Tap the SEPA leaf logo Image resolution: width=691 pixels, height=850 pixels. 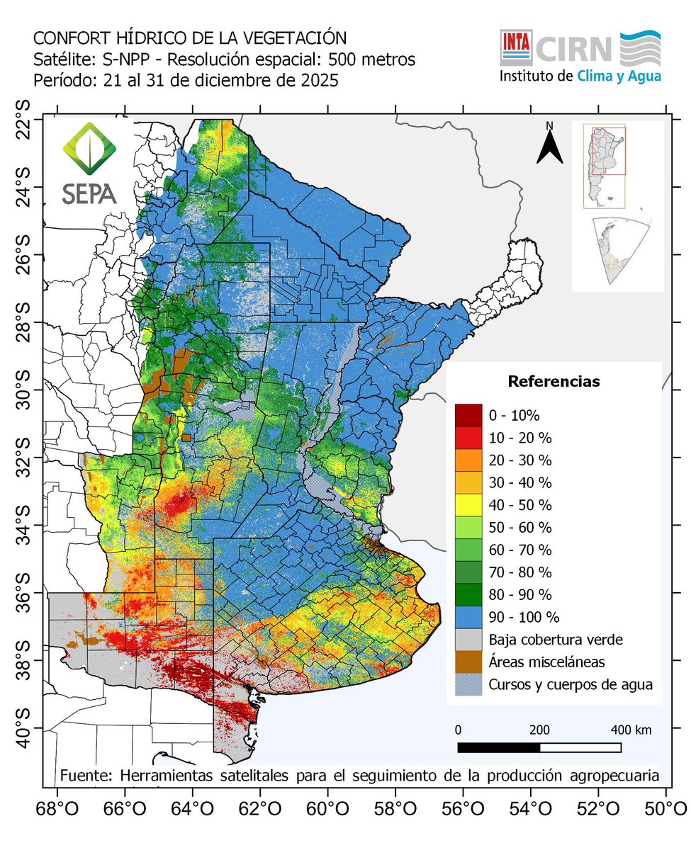89,149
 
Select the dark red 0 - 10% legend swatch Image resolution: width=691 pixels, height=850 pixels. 468,414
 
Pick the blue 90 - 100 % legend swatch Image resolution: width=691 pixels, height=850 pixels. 468,616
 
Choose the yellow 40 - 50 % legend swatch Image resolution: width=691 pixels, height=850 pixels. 468,505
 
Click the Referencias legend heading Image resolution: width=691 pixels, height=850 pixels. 554,382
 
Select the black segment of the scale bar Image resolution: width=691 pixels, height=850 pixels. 498,747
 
